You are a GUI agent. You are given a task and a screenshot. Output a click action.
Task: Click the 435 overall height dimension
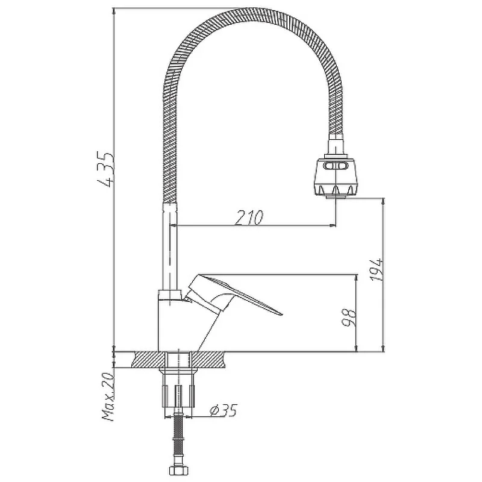click(x=106, y=169)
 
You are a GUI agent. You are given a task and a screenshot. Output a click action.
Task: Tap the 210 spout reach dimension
click(x=249, y=218)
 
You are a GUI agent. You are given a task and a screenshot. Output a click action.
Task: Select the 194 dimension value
click(x=376, y=269)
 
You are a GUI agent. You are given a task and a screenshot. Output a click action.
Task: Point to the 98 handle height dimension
click(x=349, y=318)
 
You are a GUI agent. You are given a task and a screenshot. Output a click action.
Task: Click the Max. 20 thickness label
click(x=108, y=397)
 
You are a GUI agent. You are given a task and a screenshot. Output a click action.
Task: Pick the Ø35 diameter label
click(x=224, y=410)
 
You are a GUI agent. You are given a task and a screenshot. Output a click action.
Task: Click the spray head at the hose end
click(x=336, y=177)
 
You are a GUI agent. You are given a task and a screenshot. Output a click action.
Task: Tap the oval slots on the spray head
click(x=336, y=166)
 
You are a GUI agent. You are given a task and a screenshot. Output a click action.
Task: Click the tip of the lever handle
click(x=281, y=314)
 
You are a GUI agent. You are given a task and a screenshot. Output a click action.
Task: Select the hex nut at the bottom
click(x=178, y=471)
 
